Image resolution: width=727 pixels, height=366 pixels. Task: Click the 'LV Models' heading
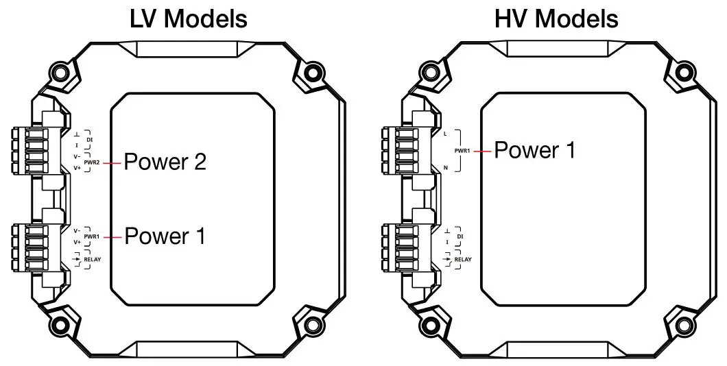coord(189,19)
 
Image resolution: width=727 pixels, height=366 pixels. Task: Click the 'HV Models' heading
coord(556,19)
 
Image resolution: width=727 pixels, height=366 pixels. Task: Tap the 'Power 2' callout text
coord(165,162)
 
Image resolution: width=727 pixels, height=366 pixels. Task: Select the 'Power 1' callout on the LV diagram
coord(165,236)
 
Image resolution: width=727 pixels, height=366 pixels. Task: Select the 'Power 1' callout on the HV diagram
coord(535,150)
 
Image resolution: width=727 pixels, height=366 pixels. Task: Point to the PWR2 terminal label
coord(93,163)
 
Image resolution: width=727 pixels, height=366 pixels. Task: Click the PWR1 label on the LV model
coord(93,236)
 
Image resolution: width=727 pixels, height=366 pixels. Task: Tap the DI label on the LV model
coord(90,140)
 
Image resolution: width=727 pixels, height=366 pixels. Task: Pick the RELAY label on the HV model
coord(463,260)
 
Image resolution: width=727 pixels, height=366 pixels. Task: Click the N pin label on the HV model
coord(446,168)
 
